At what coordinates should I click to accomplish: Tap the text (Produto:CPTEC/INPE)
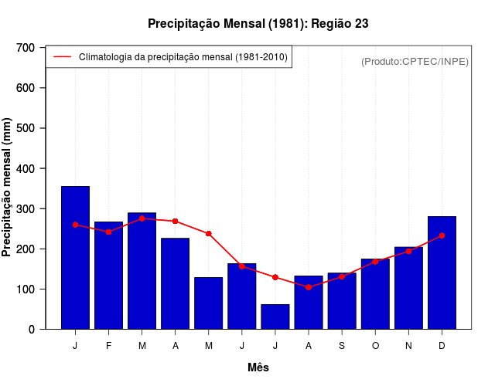(x=415, y=61)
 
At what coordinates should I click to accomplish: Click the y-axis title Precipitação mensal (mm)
(x=8, y=188)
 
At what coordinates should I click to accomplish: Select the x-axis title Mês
(x=258, y=367)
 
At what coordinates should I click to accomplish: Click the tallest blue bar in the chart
(x=75, y=258)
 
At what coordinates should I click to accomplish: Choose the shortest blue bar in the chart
(x=275, y=317)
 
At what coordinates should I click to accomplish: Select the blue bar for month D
(x=442, y=273)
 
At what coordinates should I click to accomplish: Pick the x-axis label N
(x=408, y=346)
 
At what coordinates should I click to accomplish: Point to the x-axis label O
(x=375, y=346)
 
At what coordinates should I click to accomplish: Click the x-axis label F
(x=108, y=346)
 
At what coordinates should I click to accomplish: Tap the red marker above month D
(x=442, y=235)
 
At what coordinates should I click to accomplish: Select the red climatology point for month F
(x=108, y=232)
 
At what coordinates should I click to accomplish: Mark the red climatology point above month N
(x=408, y=251)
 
